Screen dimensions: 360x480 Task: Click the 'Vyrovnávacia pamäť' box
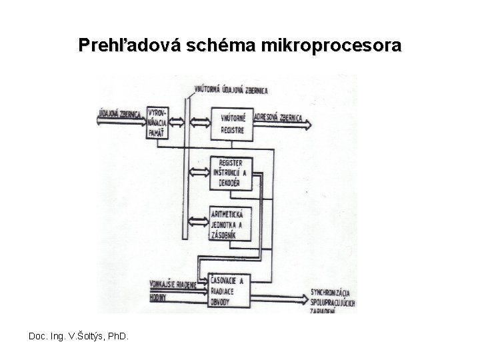click(x=159, y=121)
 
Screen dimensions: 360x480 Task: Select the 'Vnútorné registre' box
click(x=231, y=122)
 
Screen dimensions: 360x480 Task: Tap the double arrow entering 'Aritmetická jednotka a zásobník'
click(x=200, y=219)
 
